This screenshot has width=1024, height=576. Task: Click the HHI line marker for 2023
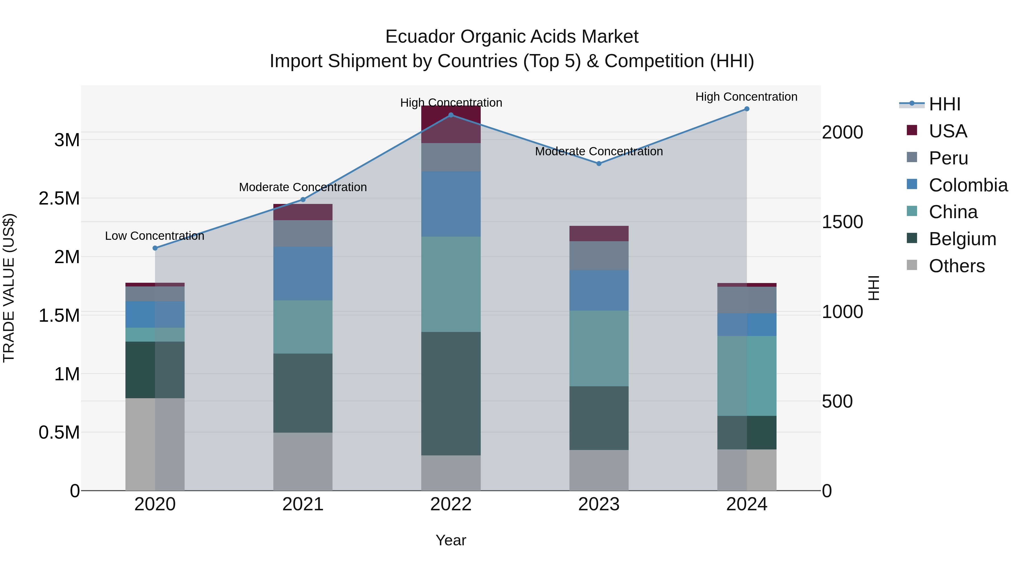[x=599, y=163]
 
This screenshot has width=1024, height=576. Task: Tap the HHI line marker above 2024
[x=747, y=109]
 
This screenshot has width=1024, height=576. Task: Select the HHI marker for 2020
[x=155, y=248]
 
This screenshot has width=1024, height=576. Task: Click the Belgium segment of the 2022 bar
[x=451, y=394]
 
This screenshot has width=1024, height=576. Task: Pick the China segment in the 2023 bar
[x=599, y=348]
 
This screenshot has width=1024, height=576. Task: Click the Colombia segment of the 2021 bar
[x=303, y=273]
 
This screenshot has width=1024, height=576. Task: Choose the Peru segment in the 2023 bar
[x=599, y=256]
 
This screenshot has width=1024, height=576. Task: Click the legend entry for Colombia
[x=968, y=185]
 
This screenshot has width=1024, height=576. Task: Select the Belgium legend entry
[x=962, y=239]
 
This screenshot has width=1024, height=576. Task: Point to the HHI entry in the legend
[x=944, y=104]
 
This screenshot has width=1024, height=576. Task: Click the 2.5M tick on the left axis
[x=59, y=198]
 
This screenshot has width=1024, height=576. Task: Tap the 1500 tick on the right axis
[x=842, y=222]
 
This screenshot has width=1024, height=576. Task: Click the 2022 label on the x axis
[x=451, y=504]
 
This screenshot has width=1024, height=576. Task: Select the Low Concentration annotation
[x=155, y=236]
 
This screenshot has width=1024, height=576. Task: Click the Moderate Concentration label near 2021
[x=303, y=187]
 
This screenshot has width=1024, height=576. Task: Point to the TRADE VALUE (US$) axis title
[x=9, y=288]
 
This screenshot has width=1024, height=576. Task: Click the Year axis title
[x=451, y=540]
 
